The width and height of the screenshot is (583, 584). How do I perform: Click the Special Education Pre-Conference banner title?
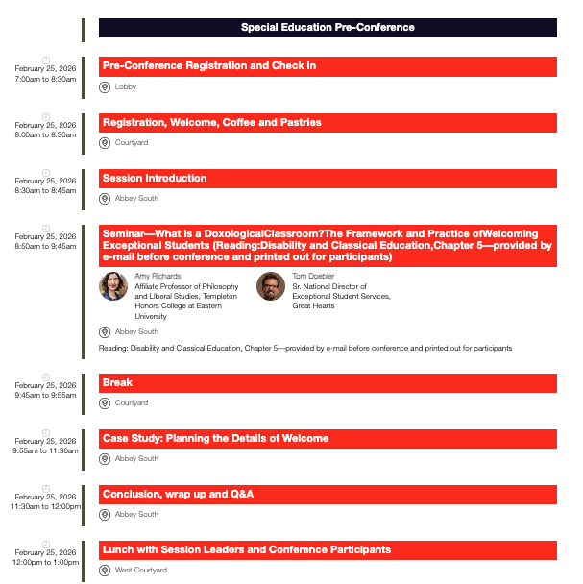(328, 27)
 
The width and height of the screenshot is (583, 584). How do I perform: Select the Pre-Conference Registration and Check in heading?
(209, 66)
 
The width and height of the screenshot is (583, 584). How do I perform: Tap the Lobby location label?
(126, 87)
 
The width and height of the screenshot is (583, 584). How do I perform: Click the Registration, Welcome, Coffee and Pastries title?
(212, 122)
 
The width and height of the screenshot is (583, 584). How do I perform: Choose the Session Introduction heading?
(155, 178)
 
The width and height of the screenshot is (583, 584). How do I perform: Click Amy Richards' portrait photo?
(113, 286)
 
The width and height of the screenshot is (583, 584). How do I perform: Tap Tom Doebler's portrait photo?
(271, 286)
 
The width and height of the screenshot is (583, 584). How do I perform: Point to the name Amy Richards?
(158, 276)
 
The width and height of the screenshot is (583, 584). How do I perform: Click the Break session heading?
(117, 382)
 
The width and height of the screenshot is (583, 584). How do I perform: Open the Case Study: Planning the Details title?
(216, 438)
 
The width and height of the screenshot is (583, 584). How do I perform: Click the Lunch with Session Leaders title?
(247, 549)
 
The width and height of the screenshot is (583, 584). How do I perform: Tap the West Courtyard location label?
(141, 571)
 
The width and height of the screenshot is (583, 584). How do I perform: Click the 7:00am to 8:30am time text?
(45, 79)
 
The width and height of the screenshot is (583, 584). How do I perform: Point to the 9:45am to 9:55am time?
(45, 395)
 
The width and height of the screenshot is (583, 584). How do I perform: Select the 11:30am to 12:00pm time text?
(45, 506)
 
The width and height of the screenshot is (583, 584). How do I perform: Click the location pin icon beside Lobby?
(106, 87)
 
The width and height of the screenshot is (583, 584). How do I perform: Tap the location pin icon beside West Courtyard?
(106, 571)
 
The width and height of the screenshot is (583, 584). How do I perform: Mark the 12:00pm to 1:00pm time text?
(45, 562)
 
